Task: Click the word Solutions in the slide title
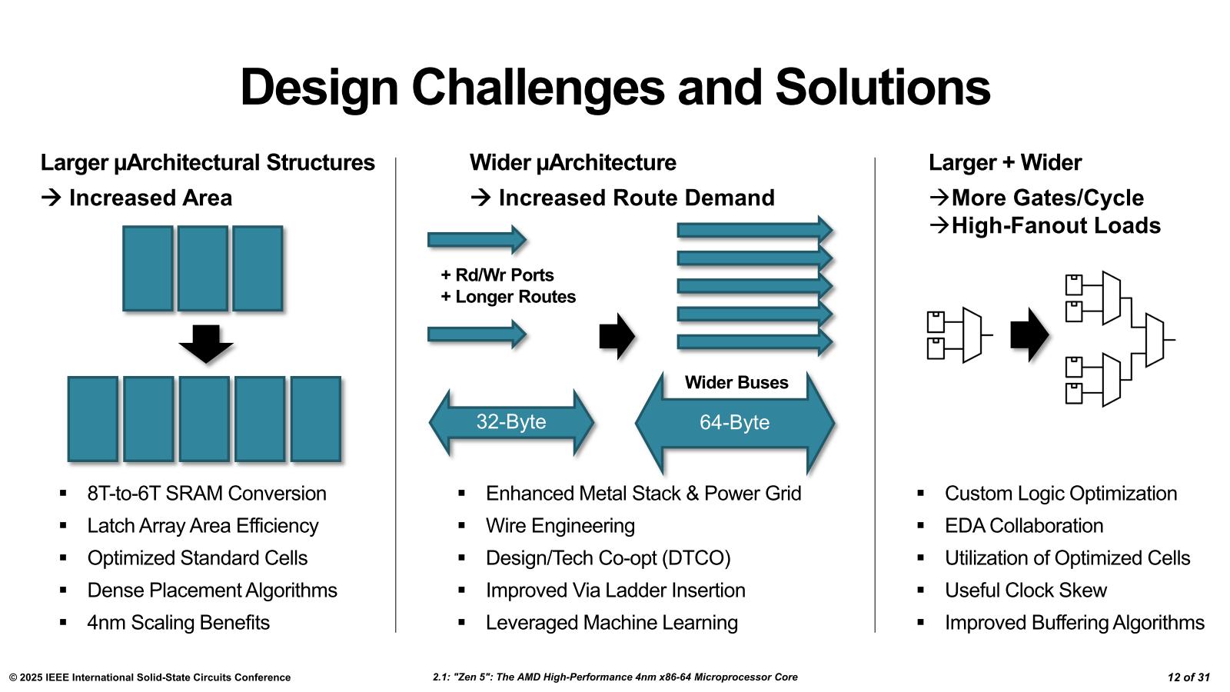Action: [883, 87]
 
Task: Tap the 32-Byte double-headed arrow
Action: [511, 422]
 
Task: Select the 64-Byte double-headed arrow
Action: [734, 423]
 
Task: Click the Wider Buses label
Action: [736, 383]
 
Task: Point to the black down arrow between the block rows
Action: [206, 343]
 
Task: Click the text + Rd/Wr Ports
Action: [497, 275]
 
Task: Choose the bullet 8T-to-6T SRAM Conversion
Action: [207, 494]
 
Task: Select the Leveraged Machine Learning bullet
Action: [611, 623]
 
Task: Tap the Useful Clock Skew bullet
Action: [1026, 591]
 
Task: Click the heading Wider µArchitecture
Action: [573, 163]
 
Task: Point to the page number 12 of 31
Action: [1188, 677]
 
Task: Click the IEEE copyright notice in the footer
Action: [150, 677]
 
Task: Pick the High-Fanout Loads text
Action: [1055, 226]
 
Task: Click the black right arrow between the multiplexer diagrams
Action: [1029, 334]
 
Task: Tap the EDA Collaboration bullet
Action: [1023, 526]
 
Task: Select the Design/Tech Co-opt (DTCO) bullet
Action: [607, 558]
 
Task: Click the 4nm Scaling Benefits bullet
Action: [178, 623]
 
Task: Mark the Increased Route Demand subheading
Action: [636, 198]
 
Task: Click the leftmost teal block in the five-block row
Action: [93, 419]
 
